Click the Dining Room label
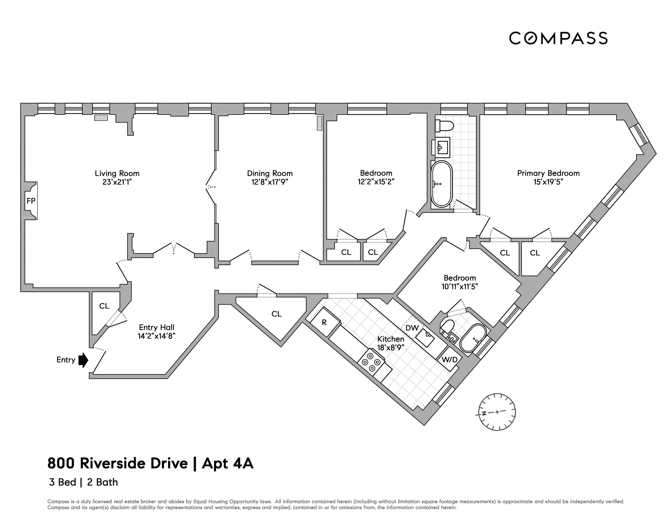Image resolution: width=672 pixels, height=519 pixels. (270, 173)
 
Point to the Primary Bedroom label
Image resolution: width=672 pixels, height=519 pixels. (548, 173)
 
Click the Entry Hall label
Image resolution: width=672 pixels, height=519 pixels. (157, 327)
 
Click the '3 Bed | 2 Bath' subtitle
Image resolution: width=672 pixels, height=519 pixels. (83, 482)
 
